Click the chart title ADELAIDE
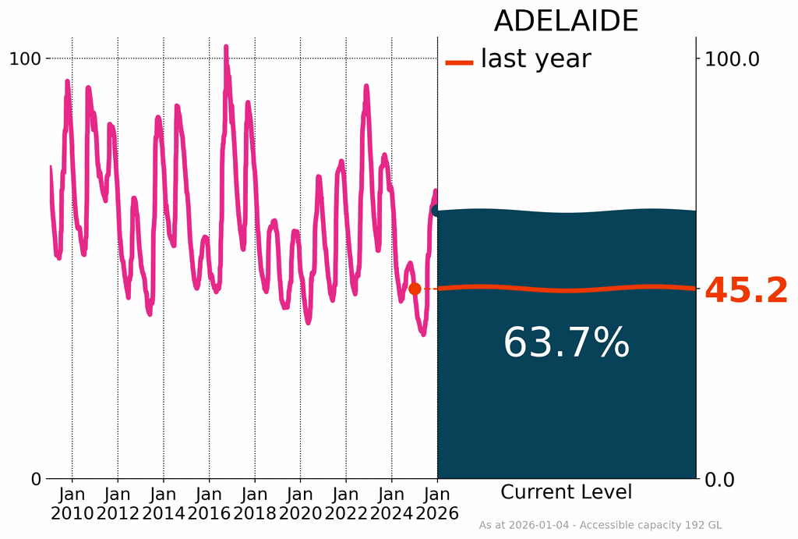click(x=566, y=21)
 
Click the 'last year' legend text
click(x=535, y=59)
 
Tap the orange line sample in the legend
click(x=459, y=62)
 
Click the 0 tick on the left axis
click(x=36, y=479)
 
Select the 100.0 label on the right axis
click(x=732, y=59)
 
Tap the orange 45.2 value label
click(x=746, y=291)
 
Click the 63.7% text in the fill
click(x=566, y=343)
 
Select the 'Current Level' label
click(x=566, y=492)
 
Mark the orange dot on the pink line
click(x=415, y=289)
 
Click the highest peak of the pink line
click(x=226, y=48)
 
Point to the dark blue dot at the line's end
click(x=436, y=211)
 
